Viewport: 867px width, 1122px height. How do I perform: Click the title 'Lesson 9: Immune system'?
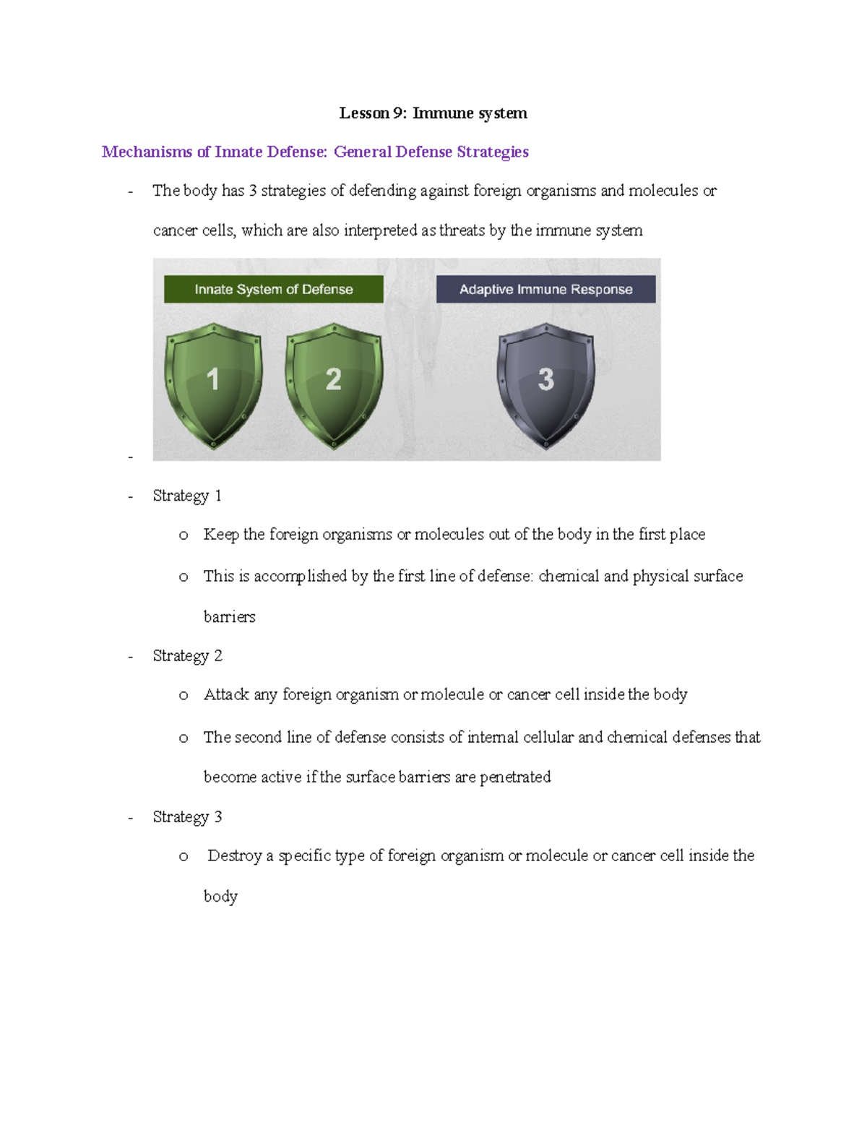tap(433, 113)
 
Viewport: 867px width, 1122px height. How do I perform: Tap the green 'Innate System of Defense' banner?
tap(273, 289)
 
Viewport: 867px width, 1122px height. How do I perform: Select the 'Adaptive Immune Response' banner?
tap(545, 289)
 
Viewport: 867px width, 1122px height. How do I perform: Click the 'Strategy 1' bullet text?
tap(187, 496)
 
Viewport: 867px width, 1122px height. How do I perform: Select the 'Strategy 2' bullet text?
tap(187, 656)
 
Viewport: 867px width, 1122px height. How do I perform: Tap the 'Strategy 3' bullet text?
tap(187, 817)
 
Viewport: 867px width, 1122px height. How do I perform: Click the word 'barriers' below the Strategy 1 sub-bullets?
tap(229, 617)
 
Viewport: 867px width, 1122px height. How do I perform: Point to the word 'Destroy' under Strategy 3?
tap(234, 856)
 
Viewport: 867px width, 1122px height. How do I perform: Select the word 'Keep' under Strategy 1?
tap(220, 535)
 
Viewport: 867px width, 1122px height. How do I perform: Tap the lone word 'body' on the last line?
tap(220, 897)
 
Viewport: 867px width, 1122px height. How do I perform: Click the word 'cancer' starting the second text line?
tap(174, 230)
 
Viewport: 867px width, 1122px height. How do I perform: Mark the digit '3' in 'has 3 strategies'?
tap(252, 191)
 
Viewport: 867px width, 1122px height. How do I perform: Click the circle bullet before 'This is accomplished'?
tap(184, 577)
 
